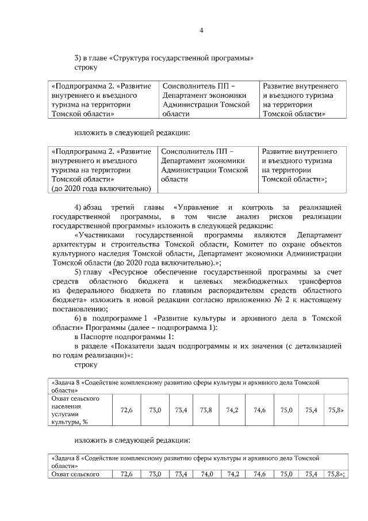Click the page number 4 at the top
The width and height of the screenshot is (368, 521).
201,31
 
